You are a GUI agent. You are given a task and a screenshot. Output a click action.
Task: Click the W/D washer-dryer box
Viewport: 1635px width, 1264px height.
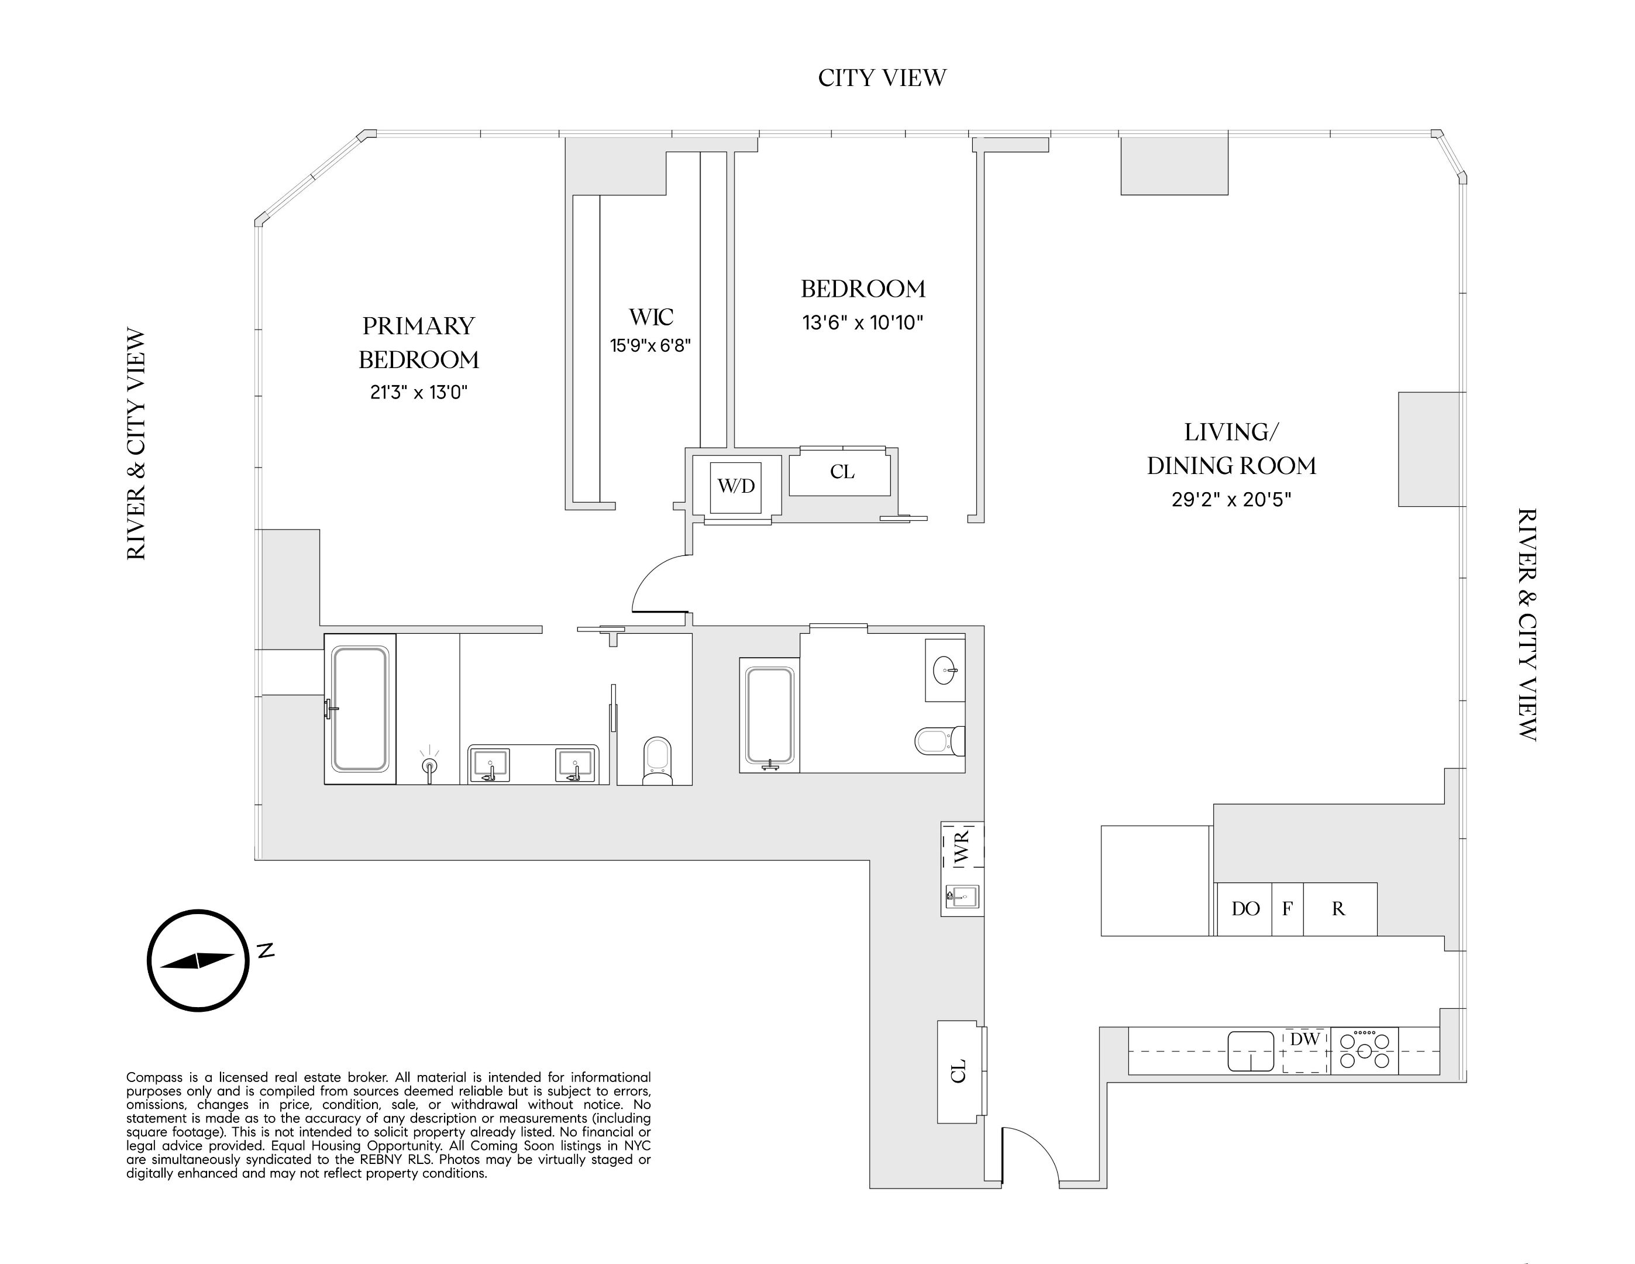coord(736,487)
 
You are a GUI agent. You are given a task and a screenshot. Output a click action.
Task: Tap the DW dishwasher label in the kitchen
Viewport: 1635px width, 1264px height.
coord(1305,1039)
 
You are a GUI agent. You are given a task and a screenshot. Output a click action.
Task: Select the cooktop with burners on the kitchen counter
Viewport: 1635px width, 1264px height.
coord(1364,1050)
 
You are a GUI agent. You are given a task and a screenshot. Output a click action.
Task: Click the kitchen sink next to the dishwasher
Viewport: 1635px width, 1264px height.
coord(1250,1050)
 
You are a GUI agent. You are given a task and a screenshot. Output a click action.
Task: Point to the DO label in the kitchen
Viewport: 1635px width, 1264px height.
coord(1245,909)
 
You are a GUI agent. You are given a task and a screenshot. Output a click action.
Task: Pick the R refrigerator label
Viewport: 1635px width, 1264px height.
coord(1338,909)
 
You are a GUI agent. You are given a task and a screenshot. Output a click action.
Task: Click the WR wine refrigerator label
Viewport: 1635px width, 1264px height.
coord(962,846)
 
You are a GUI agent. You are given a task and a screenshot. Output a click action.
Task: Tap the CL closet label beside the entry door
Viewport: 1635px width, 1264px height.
coord(958,1071)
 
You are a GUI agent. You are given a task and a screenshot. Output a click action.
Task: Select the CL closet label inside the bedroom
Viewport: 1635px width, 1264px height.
coord(841,472)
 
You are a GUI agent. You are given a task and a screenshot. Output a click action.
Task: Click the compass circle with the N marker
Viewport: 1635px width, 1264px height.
coord(198,961)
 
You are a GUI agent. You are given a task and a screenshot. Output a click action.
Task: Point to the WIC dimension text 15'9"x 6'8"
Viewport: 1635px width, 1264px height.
coord(650,346)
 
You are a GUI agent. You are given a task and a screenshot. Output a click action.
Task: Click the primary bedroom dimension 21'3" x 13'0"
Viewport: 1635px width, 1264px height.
coord(418,393)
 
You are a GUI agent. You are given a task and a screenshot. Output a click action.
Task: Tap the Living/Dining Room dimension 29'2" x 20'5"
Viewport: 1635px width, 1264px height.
coord(1231,500)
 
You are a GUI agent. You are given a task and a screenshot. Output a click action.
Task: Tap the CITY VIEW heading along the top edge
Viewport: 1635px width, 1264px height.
coord(882,78)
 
